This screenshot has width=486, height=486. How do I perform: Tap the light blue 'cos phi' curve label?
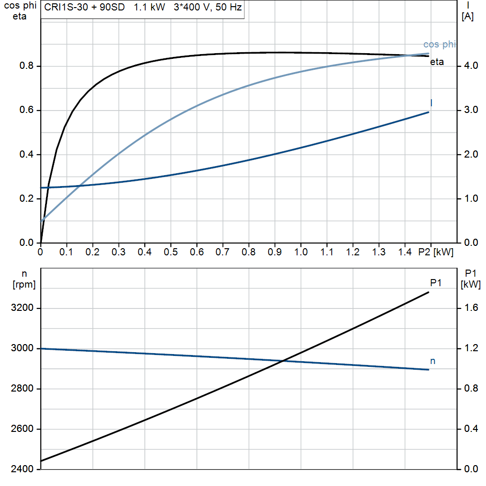point(439,44)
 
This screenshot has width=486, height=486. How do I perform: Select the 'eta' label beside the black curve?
point(437,62)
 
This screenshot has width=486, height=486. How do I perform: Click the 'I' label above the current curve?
point(431,103)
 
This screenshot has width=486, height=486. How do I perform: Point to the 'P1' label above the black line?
point(436,283)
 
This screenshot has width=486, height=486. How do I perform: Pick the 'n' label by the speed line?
point(432,361)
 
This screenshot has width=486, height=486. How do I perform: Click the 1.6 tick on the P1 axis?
point(471,308)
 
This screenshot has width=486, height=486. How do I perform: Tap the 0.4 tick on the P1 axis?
point(471,429)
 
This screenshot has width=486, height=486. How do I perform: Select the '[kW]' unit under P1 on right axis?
point(470,285)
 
